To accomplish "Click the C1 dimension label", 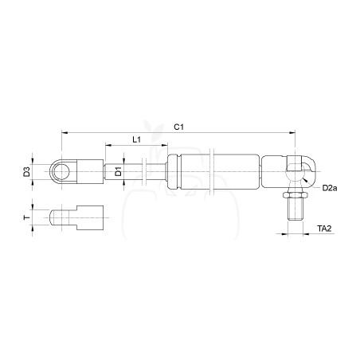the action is point(178,127).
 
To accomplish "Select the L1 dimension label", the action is point(136,139).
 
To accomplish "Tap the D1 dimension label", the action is point(119,171).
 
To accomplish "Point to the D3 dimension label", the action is point(26,172).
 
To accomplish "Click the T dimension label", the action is point(26,217).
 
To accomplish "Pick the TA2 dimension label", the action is point(324,229).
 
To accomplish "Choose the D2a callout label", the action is point(330,188).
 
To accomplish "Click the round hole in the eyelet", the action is point(61,172).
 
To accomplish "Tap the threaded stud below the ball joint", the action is point(295,209).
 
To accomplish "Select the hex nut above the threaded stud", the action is point(295,195).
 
